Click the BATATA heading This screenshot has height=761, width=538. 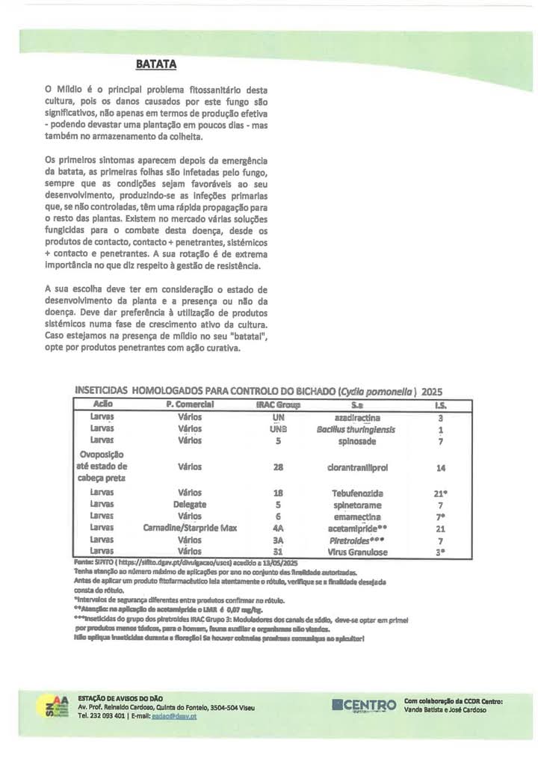click(x=155, y=64)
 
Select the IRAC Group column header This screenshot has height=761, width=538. click(x=277, y=404)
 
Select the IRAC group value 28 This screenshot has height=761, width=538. click(x=279, y=466)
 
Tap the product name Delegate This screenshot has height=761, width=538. click(x=190, y=505)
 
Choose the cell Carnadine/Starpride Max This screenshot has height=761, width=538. click(x=190, y=528)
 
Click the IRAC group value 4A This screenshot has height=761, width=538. click(x=279, y=528)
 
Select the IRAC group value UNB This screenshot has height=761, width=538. click(x=279, y=429)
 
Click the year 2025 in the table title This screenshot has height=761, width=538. click(x=433, y=390)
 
